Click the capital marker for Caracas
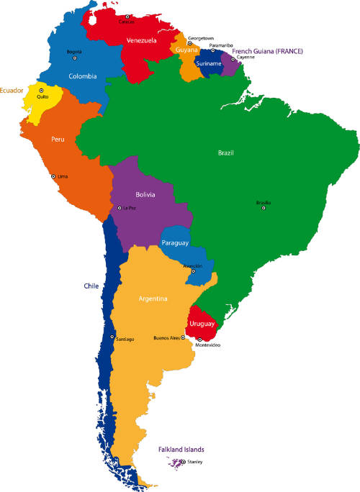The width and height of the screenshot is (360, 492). point(127,17)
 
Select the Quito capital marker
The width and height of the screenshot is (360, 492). point(41,91)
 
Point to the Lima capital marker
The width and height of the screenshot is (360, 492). point(53,176)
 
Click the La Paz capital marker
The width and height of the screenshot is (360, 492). point(120,208)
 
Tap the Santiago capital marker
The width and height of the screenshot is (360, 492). point(112,336)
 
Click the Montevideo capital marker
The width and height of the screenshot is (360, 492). point(199,340)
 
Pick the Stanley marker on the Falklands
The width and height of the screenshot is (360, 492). point(183,462)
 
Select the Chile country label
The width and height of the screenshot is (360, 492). point(91,286)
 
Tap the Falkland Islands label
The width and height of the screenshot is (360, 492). point(181,450)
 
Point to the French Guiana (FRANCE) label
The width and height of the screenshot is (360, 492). point(267,52)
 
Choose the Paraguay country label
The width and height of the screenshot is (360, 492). point(175,243)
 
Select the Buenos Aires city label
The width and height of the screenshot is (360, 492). point(166,337)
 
